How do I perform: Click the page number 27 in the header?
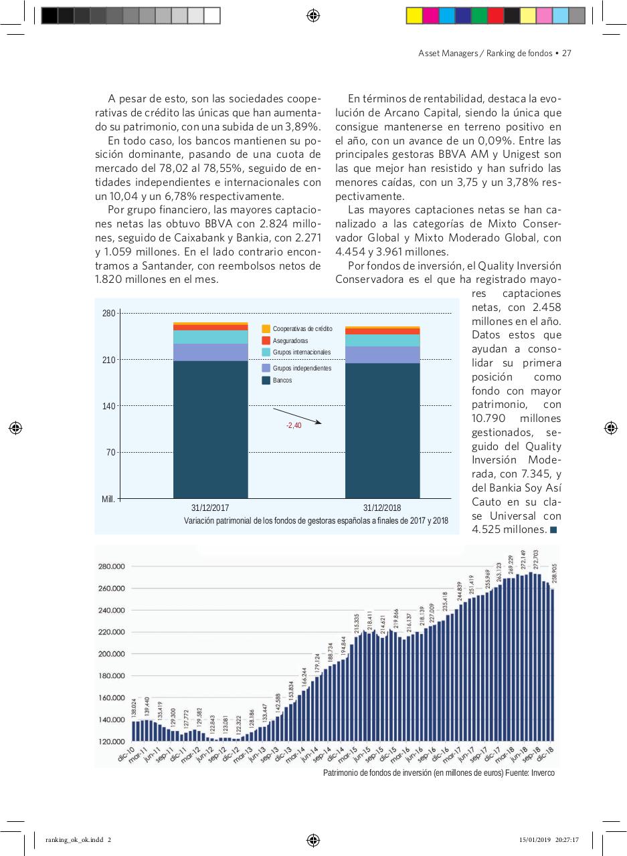[565, 53]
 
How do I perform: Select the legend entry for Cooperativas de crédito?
[302, 329]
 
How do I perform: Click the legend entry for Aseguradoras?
[290, 340]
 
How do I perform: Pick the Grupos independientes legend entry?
[301, 368]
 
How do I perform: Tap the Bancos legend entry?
[282, 381]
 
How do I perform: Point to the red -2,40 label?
[294, 425]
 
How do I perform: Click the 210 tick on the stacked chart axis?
[109, 360]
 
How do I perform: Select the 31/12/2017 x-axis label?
[210, 508]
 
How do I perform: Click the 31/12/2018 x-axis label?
[382, 508]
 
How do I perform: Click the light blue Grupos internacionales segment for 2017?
[210, 337]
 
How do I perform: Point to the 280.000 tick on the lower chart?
[112, 566]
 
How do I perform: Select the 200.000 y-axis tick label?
[112, 654]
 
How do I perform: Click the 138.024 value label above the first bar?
[134, 708]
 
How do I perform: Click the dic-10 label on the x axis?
[126, 754]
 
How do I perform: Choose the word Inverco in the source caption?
[542, 773]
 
